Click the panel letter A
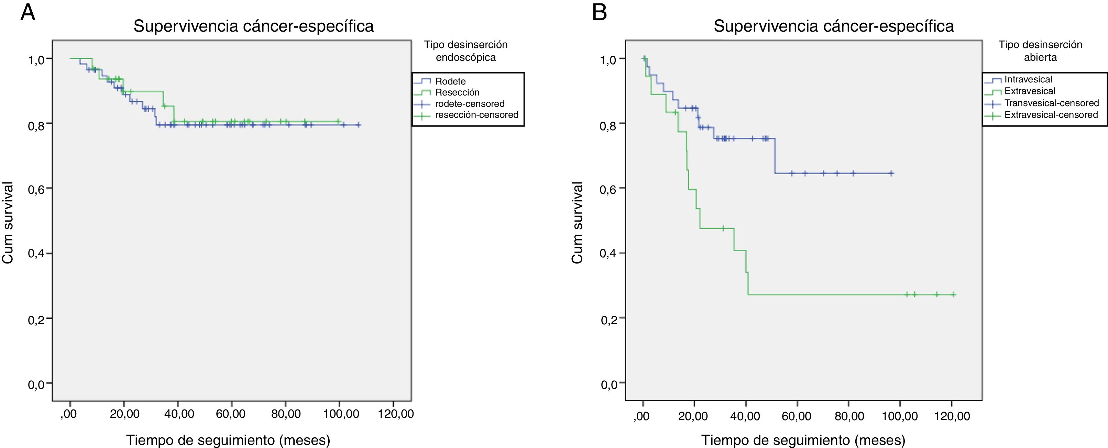[28, 13]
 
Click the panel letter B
[600, 13]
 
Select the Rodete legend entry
[450, 81]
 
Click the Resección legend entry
[457, 92]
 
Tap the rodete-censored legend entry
[470, 104]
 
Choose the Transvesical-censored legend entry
[1052, 103]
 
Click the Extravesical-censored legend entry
[1051, 115]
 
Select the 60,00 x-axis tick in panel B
[797, 416]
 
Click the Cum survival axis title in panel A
[8, 222]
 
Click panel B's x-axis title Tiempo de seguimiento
[803, 440]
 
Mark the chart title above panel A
[253, 26]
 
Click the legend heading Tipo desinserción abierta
[1040, 51]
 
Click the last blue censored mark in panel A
[359, 125]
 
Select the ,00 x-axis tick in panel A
[69, 414]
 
